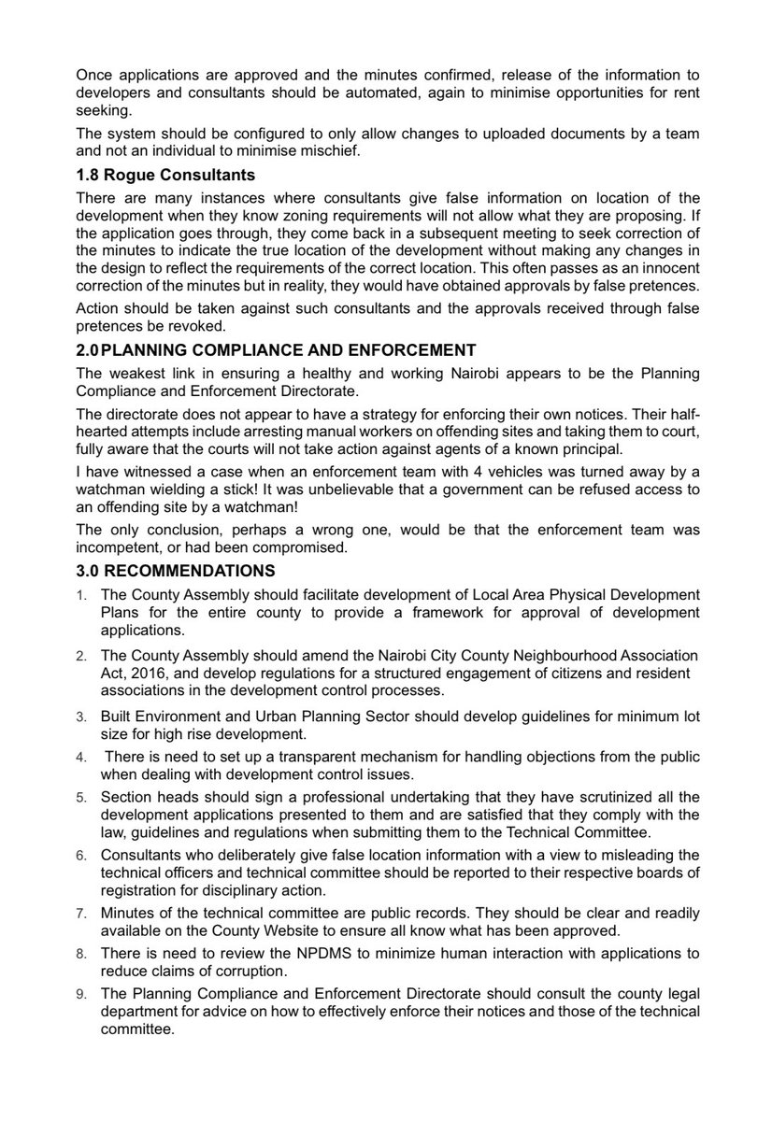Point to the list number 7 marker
[81, 912]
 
